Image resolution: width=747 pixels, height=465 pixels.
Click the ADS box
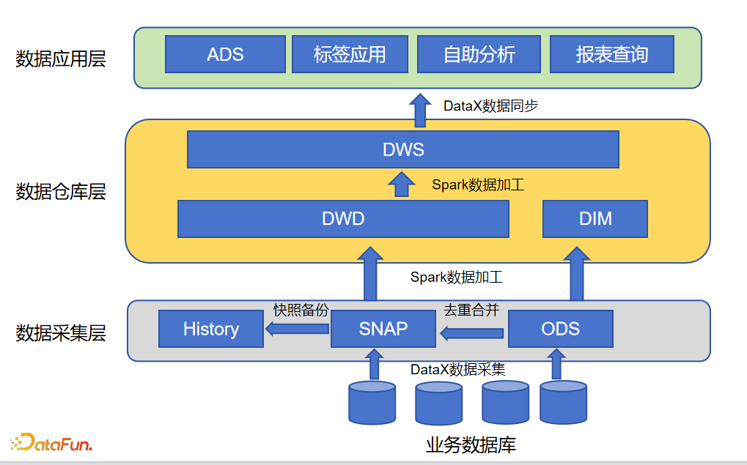(225, 54)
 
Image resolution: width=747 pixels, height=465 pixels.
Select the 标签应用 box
(349, 54)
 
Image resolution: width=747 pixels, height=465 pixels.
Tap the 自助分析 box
(479, 54)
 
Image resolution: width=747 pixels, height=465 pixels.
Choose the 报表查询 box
(611, 54)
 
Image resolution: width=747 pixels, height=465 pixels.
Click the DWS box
(403, 150)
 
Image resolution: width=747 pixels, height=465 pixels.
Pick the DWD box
(343, 218)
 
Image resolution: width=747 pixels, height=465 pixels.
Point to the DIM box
(595, 218)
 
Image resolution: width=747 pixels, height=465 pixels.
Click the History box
(211, 329)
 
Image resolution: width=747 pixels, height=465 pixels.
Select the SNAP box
(383, 329)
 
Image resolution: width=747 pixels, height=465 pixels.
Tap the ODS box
(560, 329)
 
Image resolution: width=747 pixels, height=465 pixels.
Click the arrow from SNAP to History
(297, 330)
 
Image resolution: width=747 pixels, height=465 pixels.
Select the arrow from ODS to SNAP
(471, 334)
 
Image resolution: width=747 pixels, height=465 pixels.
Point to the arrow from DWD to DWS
(401, 185)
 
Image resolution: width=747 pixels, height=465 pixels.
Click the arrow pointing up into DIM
(577, 273)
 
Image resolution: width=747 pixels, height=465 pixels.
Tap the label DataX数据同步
(490, 106)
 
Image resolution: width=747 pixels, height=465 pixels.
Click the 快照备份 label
(301, 310)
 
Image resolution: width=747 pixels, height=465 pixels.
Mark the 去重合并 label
(471, 310)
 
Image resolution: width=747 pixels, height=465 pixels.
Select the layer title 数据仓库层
(61, 192)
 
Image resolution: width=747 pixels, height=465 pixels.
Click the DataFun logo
(51, 442)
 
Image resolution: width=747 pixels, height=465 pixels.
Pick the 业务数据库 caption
(471, 444)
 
